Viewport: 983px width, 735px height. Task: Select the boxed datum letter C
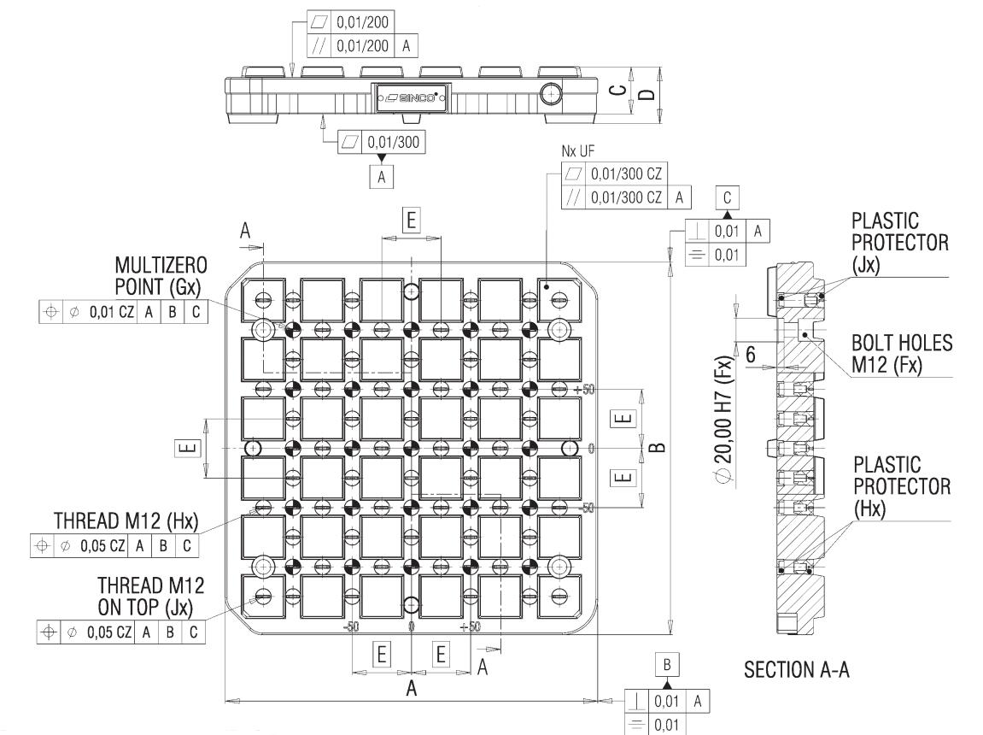point(727,197)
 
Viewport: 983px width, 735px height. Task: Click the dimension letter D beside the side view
point(652,91)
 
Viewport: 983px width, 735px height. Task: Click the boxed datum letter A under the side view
point(382,177)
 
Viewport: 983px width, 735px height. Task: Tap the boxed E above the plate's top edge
point(412,219)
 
